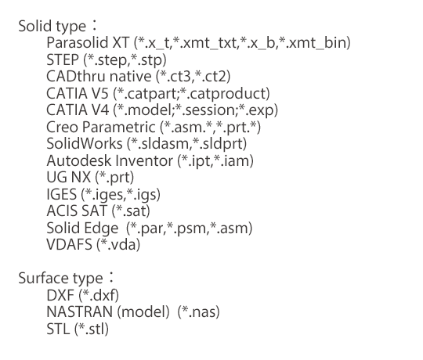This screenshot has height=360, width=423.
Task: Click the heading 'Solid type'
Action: [52, 27]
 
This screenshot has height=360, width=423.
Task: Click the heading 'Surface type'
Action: [60, 279]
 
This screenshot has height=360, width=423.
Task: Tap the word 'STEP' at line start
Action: [63, 59]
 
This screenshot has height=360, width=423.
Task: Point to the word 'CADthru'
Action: [76, 76]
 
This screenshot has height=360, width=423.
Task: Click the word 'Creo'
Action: [63, 127]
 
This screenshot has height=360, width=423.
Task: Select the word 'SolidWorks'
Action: [85, 143]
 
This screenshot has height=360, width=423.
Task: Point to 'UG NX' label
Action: [68, 178]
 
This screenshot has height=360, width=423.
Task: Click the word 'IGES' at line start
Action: [62, 194]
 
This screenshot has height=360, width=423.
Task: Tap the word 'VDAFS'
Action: [70, 245]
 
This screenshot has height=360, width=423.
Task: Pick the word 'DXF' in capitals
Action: [60, 295]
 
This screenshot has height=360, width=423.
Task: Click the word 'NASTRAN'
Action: [80, 311]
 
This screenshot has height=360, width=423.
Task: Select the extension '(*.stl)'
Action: [92, 329]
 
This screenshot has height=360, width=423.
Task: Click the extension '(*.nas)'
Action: [198, 312]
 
